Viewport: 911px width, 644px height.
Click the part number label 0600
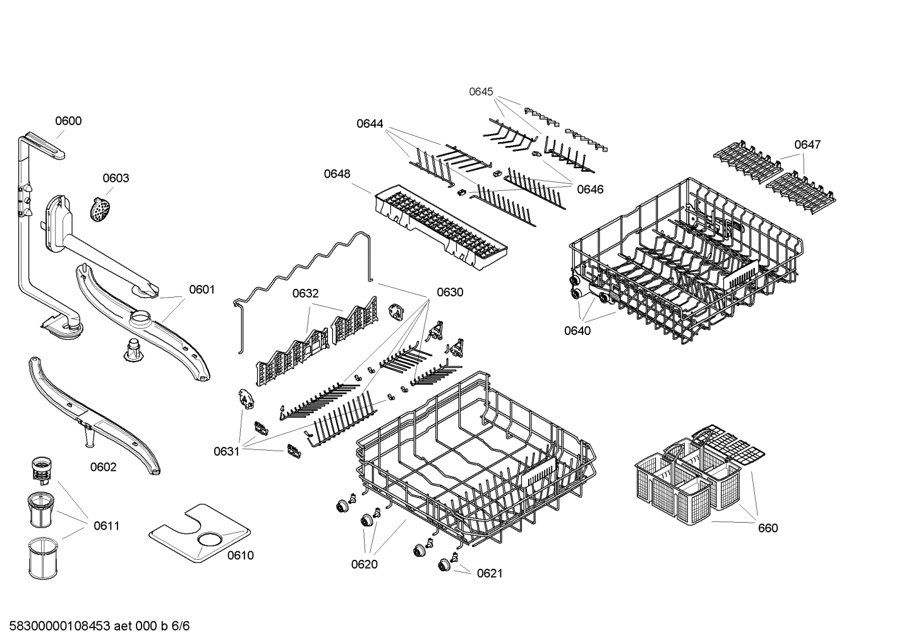[68, 121]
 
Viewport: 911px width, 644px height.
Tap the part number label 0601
[202, 289]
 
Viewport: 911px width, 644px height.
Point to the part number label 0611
[106, 526]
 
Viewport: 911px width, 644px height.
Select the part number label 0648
[337, 174]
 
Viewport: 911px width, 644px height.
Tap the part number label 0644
[370, 124]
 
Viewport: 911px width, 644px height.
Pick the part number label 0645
[481, 92]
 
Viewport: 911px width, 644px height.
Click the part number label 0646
[590, 189]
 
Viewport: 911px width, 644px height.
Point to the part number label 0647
[807, 145]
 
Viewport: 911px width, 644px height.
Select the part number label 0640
[577, 331]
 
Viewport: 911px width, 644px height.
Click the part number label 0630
[450, 292]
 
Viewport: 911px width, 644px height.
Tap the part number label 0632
[305, 293]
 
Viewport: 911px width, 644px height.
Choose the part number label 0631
[226, 451]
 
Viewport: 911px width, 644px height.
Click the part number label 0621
[490, 573]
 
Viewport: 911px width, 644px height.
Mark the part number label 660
[768, 528]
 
